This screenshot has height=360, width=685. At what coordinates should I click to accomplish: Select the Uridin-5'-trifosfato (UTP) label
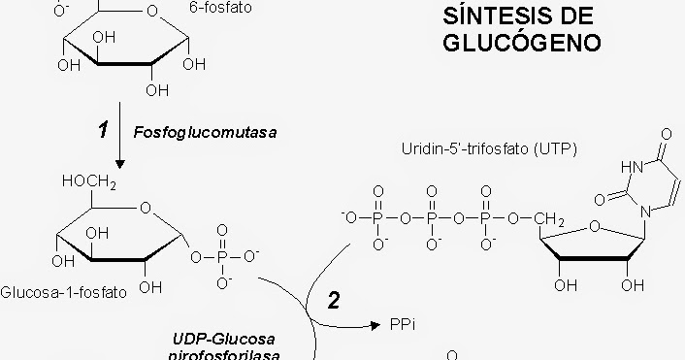(x=489, y=148)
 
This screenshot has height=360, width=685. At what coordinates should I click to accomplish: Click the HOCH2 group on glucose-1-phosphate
(x=89, y=181)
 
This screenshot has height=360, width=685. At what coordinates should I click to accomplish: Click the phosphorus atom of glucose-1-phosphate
(x=222, y=256)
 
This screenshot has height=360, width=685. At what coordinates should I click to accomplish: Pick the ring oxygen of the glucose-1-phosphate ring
(x=145, y=206)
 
